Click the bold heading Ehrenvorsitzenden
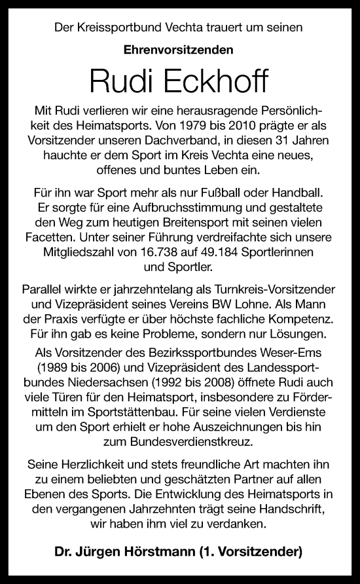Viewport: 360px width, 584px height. [179, 48]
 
